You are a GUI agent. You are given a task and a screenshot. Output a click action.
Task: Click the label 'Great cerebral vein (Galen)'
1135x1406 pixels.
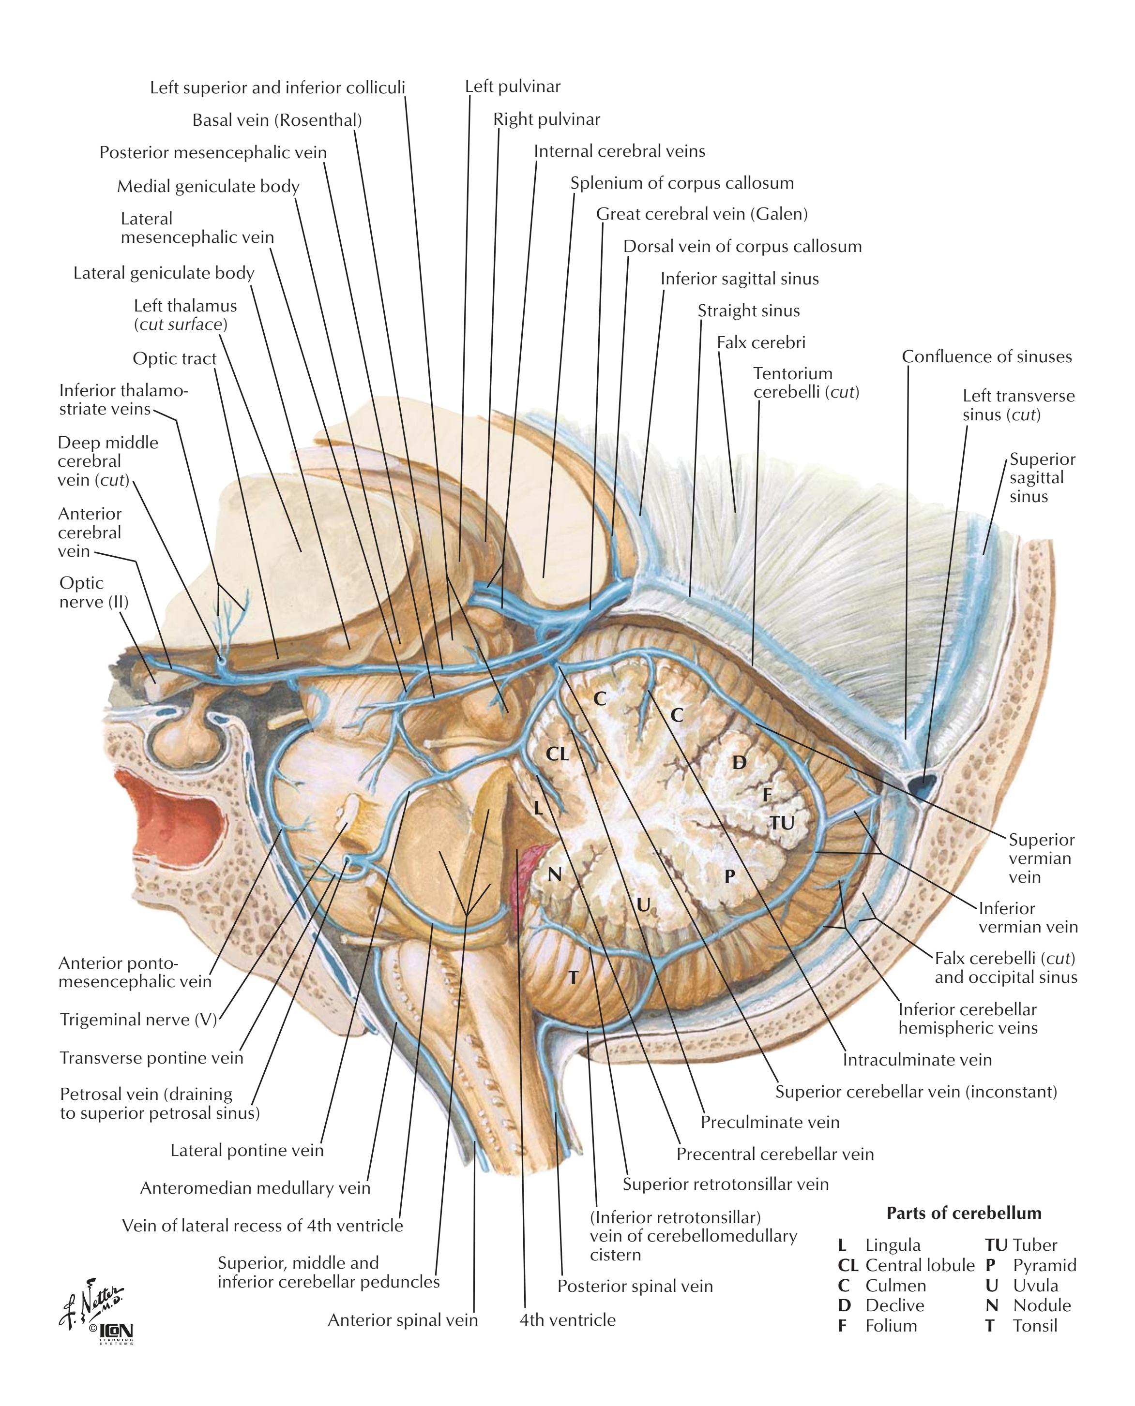[x=701, y=214]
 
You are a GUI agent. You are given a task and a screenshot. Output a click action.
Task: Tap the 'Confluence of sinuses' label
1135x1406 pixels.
[x=986, y=357]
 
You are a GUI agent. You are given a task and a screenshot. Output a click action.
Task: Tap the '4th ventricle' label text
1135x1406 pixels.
[x=567, y=1320]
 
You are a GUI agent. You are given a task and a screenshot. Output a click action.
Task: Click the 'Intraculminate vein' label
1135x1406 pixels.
[x=917, y=1059]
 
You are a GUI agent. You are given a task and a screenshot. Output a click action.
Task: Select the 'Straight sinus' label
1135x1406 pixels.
[x=749, y=311]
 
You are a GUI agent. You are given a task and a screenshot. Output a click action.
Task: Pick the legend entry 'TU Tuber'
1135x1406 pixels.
[x=1021, y=1245]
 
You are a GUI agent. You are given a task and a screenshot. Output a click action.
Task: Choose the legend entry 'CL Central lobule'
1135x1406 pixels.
[x=906, y=1266]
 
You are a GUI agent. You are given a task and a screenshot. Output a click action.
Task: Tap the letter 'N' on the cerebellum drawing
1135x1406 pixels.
[x=554, y=873]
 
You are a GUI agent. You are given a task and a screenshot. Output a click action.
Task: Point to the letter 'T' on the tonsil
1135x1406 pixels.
[x=573, y=977]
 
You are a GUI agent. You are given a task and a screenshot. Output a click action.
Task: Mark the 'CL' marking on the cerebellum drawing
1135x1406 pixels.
[x=557, y=754]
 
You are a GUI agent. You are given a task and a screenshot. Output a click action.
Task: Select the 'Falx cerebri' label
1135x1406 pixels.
[x=761, y=342]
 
